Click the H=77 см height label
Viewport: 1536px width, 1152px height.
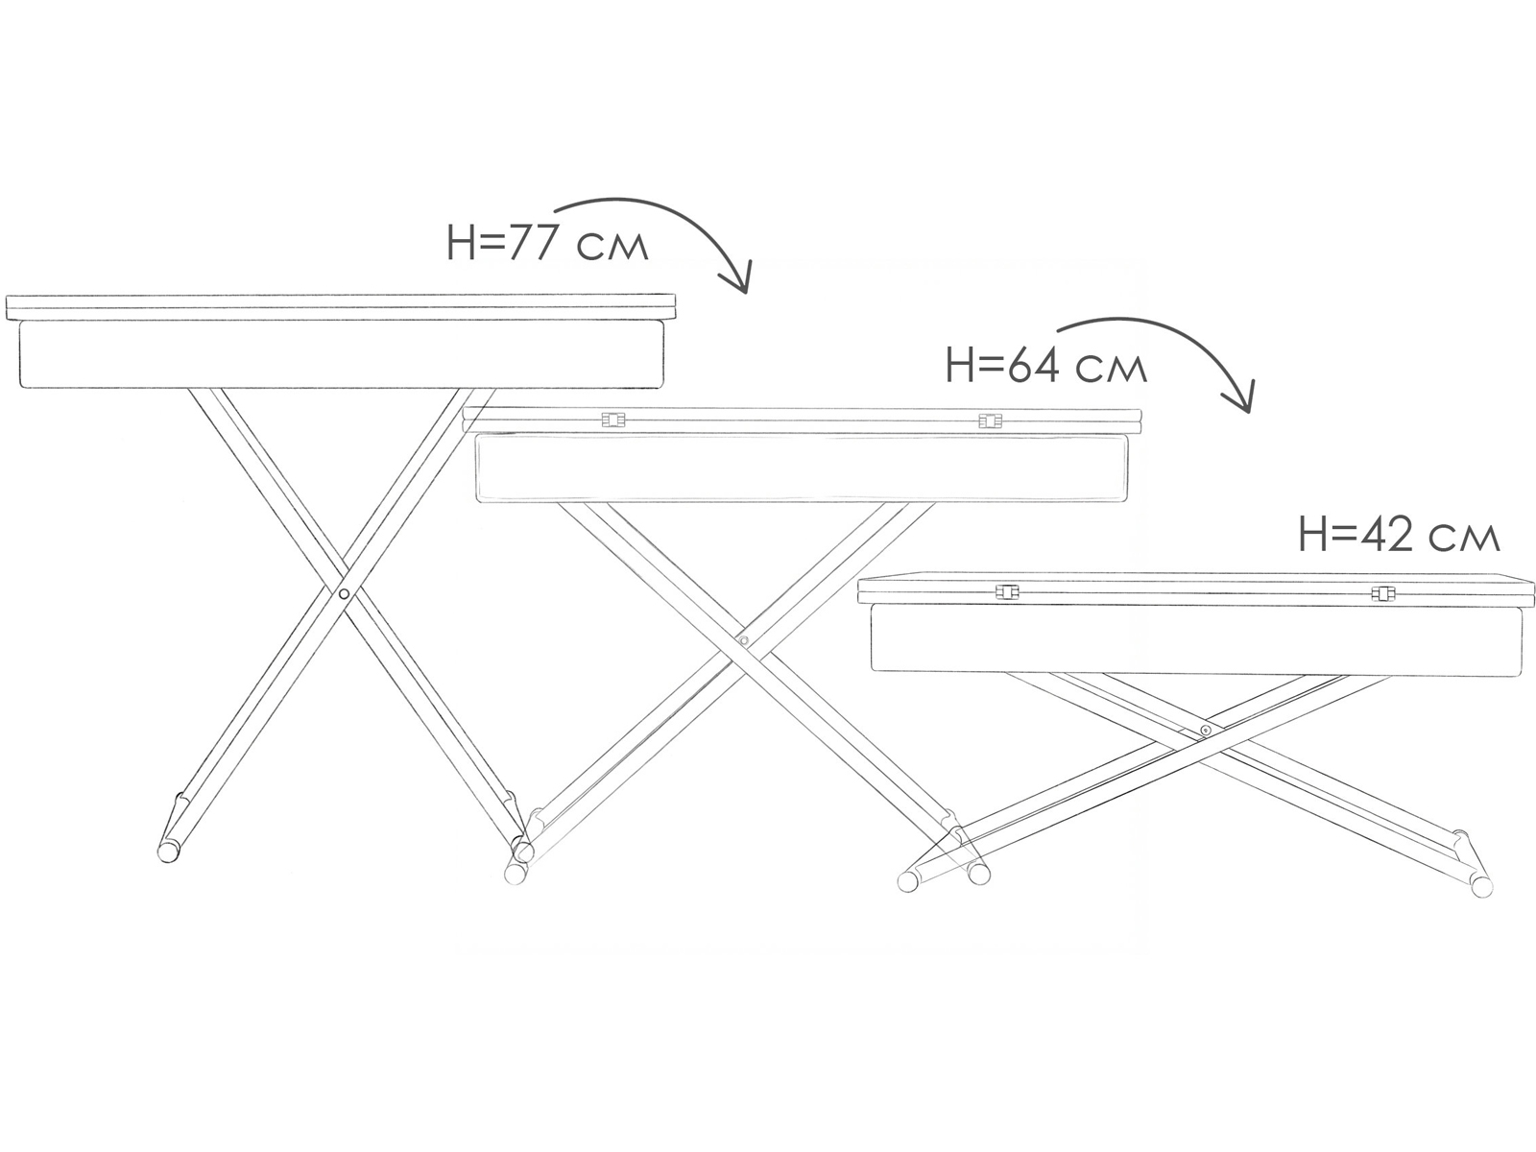pos(547,245)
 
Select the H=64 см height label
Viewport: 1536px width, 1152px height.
pos(1045,367)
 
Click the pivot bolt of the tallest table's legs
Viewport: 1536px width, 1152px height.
pos(344,595)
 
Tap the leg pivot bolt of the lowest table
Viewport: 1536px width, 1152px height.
pos(1205,732)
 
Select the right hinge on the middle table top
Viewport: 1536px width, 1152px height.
pos(989,420)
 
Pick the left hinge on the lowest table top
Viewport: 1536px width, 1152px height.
pos(1006,592)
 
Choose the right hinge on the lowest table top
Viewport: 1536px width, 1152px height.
pos(1381,593)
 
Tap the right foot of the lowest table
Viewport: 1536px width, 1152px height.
pos(1481,885)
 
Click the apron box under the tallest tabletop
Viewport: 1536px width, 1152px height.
pos(342,354)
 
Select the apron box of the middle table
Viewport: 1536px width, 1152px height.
pos(804,468)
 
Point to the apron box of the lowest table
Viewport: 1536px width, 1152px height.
pos(1196,637)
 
